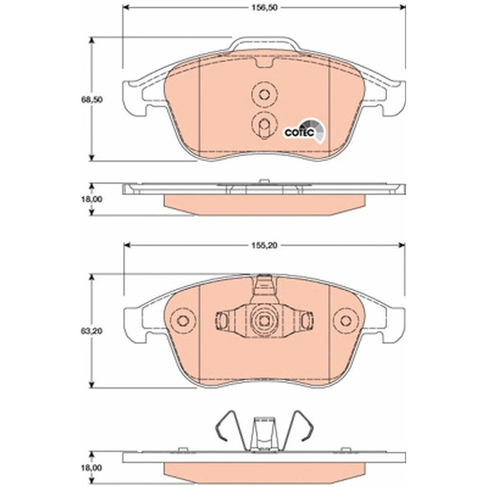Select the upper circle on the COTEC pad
(263, 95)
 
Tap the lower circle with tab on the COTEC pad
(263, 124)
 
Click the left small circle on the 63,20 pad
(180, 321)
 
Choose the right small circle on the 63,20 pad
(347, 321)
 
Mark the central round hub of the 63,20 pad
(263, 321)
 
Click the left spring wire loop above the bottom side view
(227, 425)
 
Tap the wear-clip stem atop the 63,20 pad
(263, 287)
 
